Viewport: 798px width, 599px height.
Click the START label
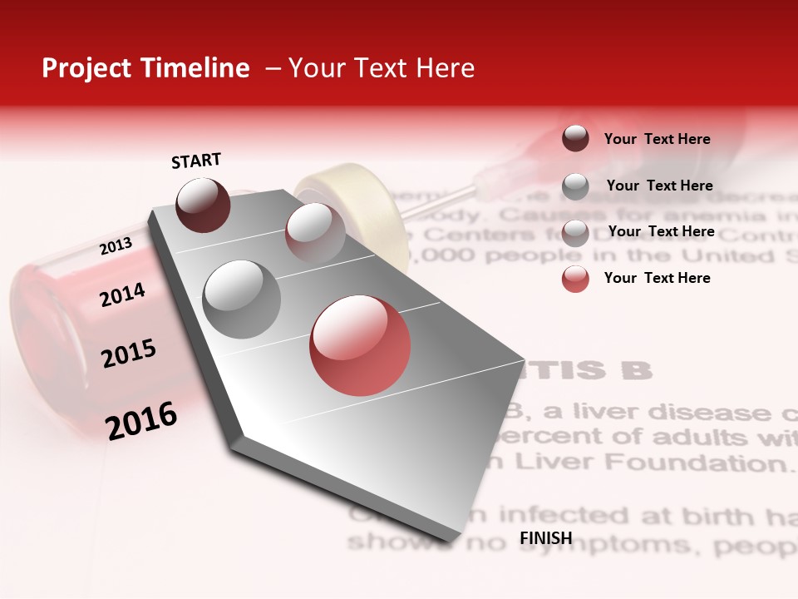[x=196, y=161]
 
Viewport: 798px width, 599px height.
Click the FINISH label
[x=546, y=538]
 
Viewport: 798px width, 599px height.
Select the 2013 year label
[x=116, y=246]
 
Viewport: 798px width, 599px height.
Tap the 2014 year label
[x=122, y=295]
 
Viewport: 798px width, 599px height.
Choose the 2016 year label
[x=141, y=420]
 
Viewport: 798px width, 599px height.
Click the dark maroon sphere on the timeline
[x=203, y=205]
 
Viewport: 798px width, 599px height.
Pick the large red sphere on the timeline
[x=360, y=345]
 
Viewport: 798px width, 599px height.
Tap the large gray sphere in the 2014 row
[x=242, y=299]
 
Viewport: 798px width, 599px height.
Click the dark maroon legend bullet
[x=575, y=139]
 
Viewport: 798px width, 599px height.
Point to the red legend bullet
[x=575, y=279]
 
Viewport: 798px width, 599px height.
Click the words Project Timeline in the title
[x=145, y=68]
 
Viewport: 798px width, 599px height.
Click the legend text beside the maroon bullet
[x=657, y=139]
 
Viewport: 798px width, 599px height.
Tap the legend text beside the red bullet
[x=657, y=278]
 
